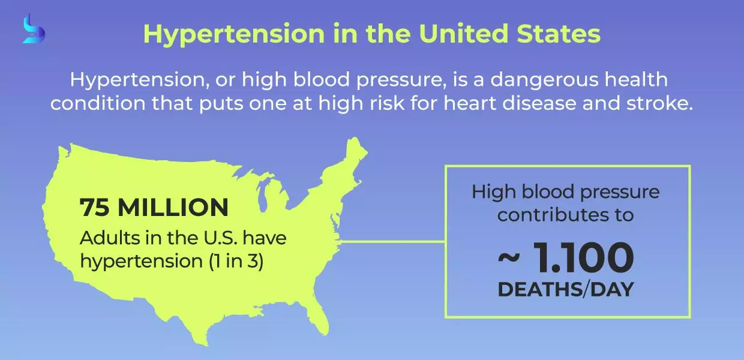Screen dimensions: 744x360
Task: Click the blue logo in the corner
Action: (34, 29)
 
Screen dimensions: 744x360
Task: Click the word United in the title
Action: (464, 34)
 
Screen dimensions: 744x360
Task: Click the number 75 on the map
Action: (94, 207)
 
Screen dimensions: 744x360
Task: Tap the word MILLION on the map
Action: (173, 207)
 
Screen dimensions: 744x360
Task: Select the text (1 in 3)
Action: (236, 261)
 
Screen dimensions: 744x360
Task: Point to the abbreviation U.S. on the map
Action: (221, 238)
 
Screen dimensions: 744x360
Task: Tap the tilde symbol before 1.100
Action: (509, 258)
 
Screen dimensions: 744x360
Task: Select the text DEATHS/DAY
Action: (566, 289)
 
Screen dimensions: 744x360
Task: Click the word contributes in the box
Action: (548, 215)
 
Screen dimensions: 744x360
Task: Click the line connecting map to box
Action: (393, 241)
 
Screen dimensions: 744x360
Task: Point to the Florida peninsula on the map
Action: (318, 317)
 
